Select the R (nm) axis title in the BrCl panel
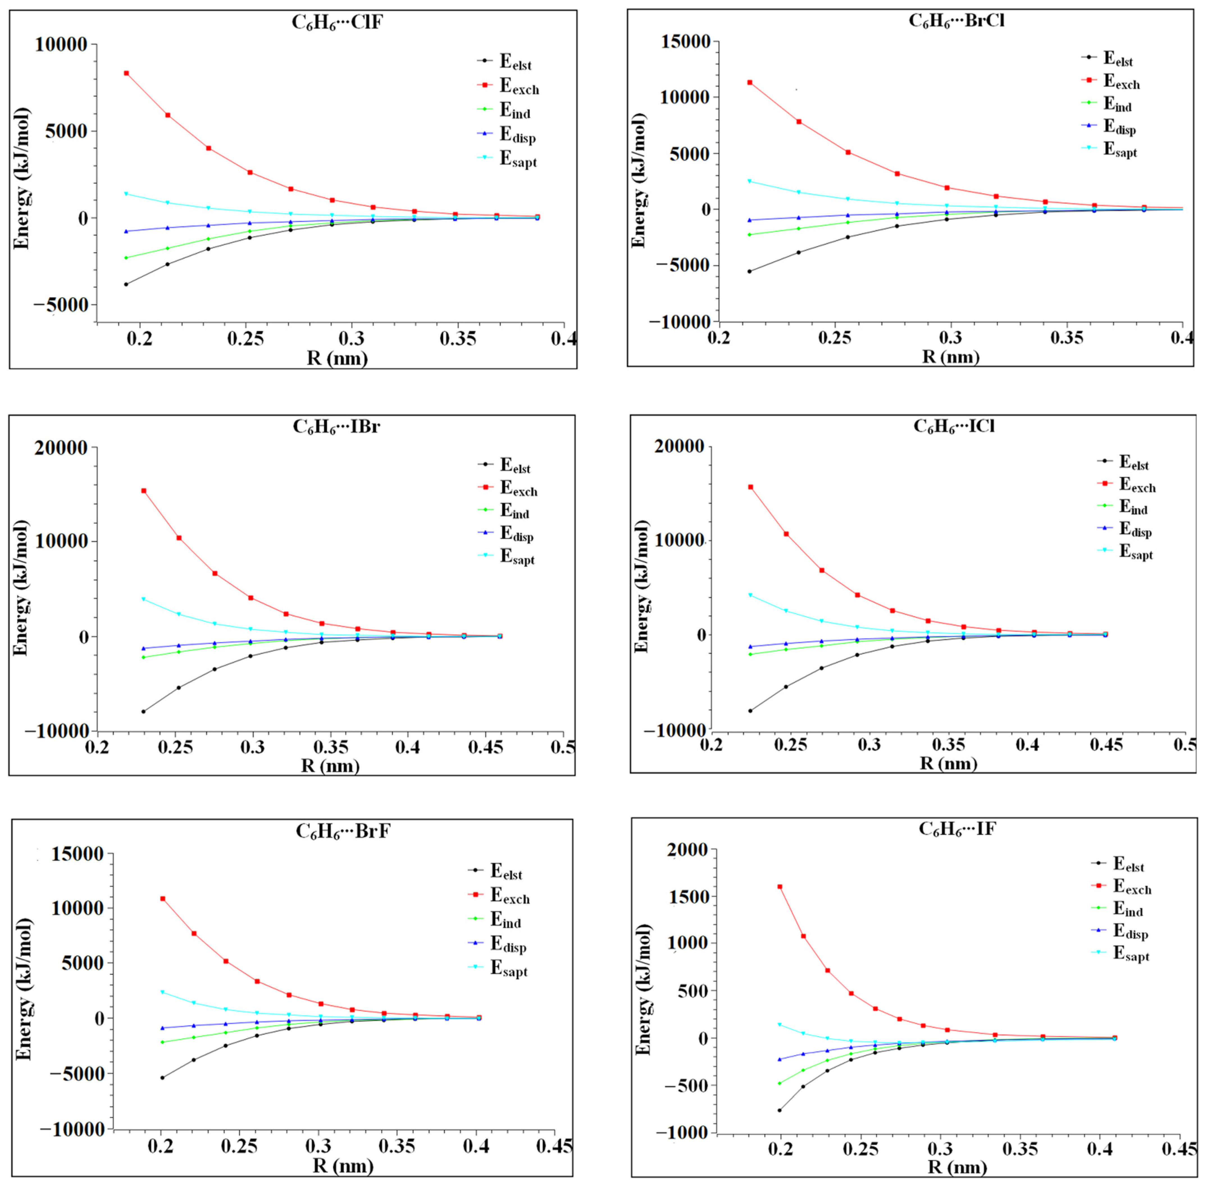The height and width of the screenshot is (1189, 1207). pos(950,356)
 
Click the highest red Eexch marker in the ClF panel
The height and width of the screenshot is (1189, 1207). pos(126,73)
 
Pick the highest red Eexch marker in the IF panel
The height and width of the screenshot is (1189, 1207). pos(779,887)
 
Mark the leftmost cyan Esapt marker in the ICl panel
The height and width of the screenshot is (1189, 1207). pos(751,595)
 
